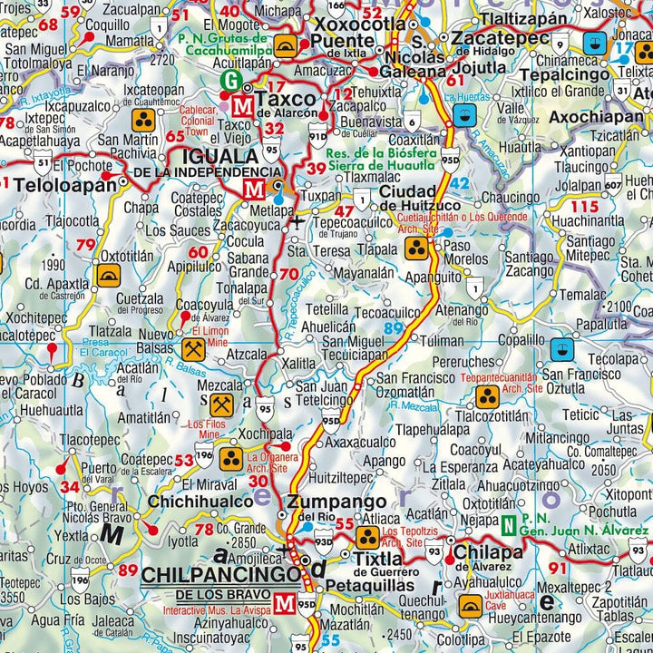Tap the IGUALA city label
coord(220,156)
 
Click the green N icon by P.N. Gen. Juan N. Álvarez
coord(511,523)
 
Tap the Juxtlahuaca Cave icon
coord(470,605)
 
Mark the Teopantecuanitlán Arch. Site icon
coord(488,395)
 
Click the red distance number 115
coord(586,206)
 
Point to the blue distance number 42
coord(460,184)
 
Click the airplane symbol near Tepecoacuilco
coord(299,219)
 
